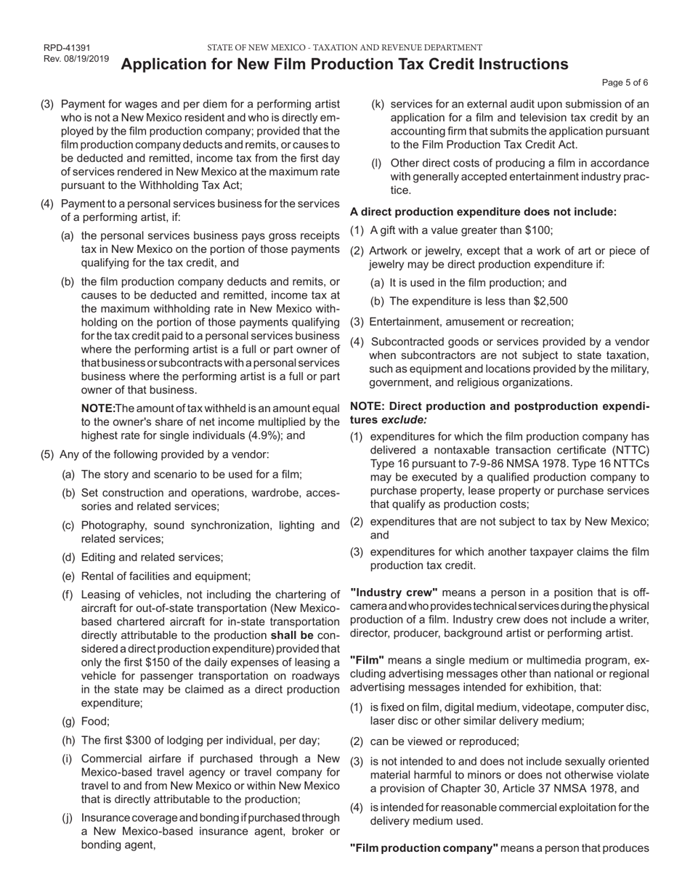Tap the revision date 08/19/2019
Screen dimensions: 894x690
click(86, 59)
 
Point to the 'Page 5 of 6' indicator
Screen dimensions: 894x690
click(625, 83)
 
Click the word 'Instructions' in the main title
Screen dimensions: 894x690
click(521, 65)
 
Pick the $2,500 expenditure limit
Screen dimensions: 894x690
click(549, 301)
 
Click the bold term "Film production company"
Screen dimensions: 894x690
click(424, 848)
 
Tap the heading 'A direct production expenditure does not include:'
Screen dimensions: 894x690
click(483, 212)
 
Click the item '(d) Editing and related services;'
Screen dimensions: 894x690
click(142, 557)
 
